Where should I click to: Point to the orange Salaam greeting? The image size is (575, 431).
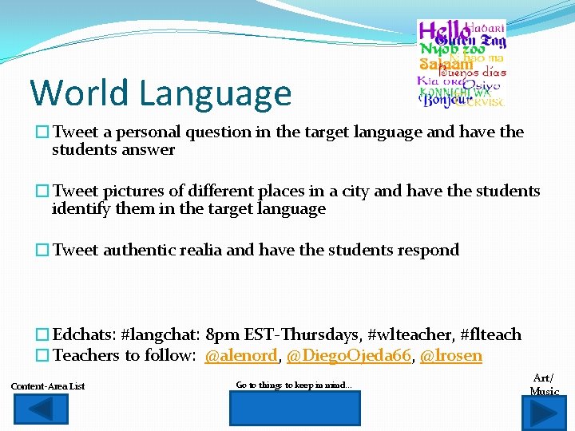point(446,65)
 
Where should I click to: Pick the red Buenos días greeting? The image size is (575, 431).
point(476,72)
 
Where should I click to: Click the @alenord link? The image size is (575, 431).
point(242,356)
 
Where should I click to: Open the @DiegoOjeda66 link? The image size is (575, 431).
point(348,356)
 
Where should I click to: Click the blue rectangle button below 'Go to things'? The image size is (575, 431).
point(295,408)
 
